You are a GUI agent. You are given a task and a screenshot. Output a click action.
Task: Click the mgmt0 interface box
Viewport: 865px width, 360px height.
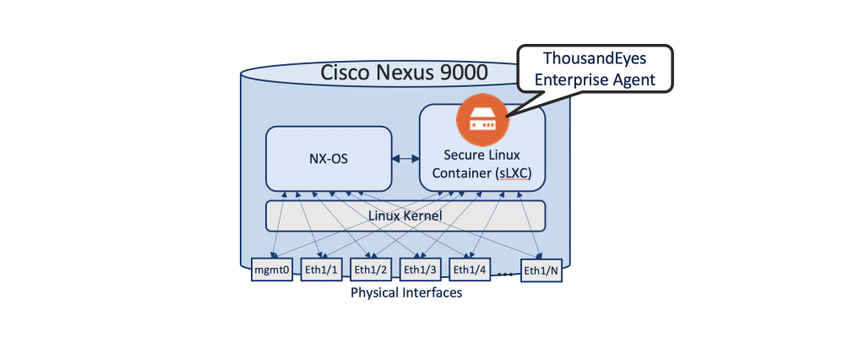(272, 270)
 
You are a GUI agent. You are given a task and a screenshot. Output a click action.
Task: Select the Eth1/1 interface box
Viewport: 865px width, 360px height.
(321, 270)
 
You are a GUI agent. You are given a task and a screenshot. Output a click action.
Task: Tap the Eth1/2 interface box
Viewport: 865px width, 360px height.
(370, 270)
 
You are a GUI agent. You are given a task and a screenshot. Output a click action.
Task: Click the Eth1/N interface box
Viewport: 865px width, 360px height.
(541, 270)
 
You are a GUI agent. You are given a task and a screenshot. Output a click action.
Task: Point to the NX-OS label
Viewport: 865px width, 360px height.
(329, 158)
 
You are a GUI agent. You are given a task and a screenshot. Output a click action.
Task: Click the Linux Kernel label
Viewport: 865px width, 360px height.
(405, 216)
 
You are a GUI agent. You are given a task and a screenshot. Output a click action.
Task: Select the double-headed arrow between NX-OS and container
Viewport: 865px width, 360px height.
(405, 158)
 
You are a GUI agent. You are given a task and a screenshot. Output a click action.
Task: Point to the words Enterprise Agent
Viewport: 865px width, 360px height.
(597, 81)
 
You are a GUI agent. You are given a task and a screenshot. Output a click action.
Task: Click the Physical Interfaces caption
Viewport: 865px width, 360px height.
(405, 293)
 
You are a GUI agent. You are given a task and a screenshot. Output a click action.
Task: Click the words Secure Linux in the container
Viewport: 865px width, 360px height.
(481, 155)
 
